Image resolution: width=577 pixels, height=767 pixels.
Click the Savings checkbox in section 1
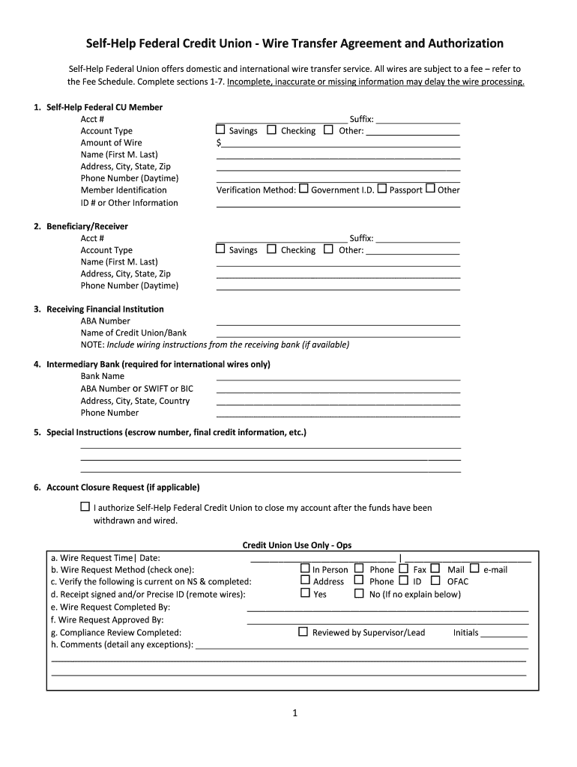[220, 130]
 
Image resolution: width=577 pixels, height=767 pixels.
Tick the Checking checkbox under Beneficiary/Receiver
[271, 249]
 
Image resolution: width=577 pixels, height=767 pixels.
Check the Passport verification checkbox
[382, 189]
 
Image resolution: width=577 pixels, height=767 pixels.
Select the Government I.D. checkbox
[303, 189]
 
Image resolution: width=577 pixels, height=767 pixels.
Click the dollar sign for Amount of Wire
[219, 142]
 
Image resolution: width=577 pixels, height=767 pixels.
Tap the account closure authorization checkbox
[85, 507]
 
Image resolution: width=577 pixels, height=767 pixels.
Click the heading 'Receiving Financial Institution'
[105, 309]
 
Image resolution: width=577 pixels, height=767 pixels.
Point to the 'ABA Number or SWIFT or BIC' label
[136, 388]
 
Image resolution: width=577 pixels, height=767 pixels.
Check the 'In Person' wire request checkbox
[304, 569]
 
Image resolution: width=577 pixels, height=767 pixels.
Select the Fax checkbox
[404, 569]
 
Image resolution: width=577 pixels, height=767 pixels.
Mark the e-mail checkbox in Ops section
[474, 569]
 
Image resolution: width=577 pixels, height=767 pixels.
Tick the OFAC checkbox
[435, 580]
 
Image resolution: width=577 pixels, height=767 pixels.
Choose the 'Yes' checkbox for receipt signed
[304, 593]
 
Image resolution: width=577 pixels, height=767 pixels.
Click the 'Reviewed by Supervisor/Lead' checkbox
[303, 631]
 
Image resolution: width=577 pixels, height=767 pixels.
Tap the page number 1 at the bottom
[295, 713]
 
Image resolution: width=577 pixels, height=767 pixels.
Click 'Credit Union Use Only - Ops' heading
[297, 545]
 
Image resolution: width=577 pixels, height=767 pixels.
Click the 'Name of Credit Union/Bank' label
[133, 333]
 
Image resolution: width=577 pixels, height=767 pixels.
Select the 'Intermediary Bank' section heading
[158, 364]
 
